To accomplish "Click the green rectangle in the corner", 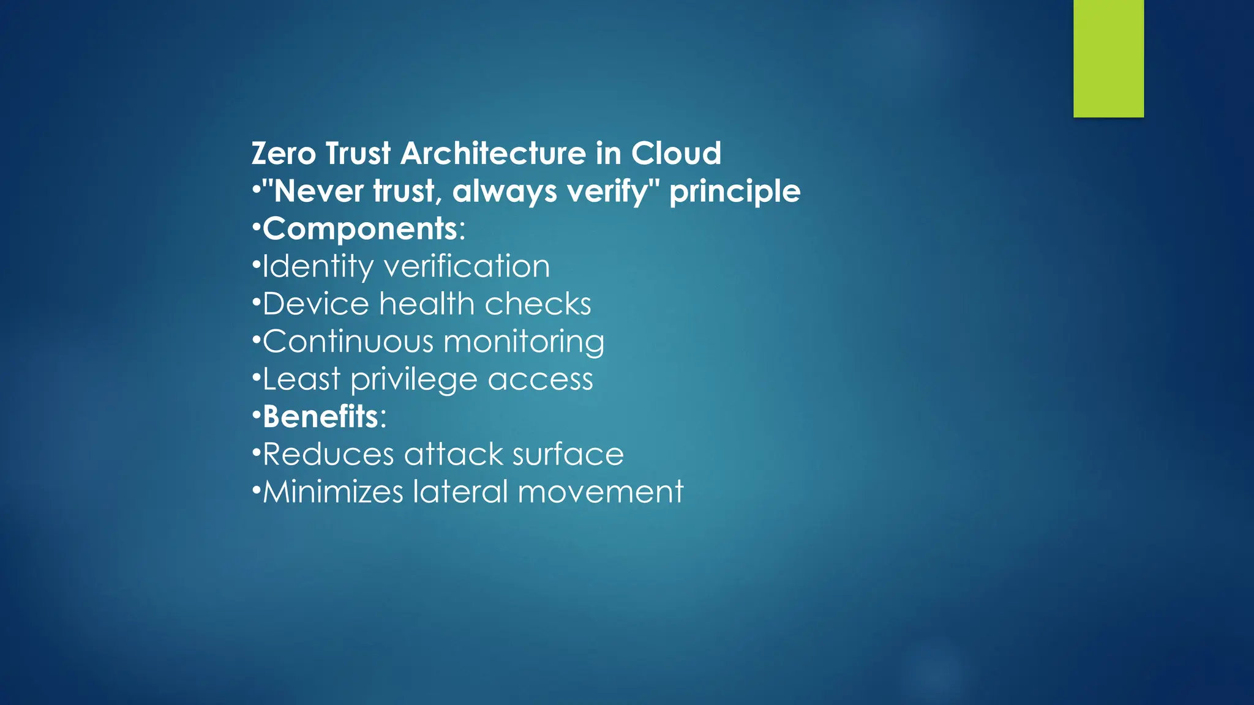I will point(1108,58).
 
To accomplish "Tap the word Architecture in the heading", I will point(493,153).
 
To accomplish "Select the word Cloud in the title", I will point(676,153).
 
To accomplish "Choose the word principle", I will point(735,192).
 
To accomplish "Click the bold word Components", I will point(360,229).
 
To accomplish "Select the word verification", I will point(467,267).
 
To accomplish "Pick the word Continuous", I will point(347,341).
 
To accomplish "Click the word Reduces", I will point(328,455).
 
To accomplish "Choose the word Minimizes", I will point(333,492).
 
